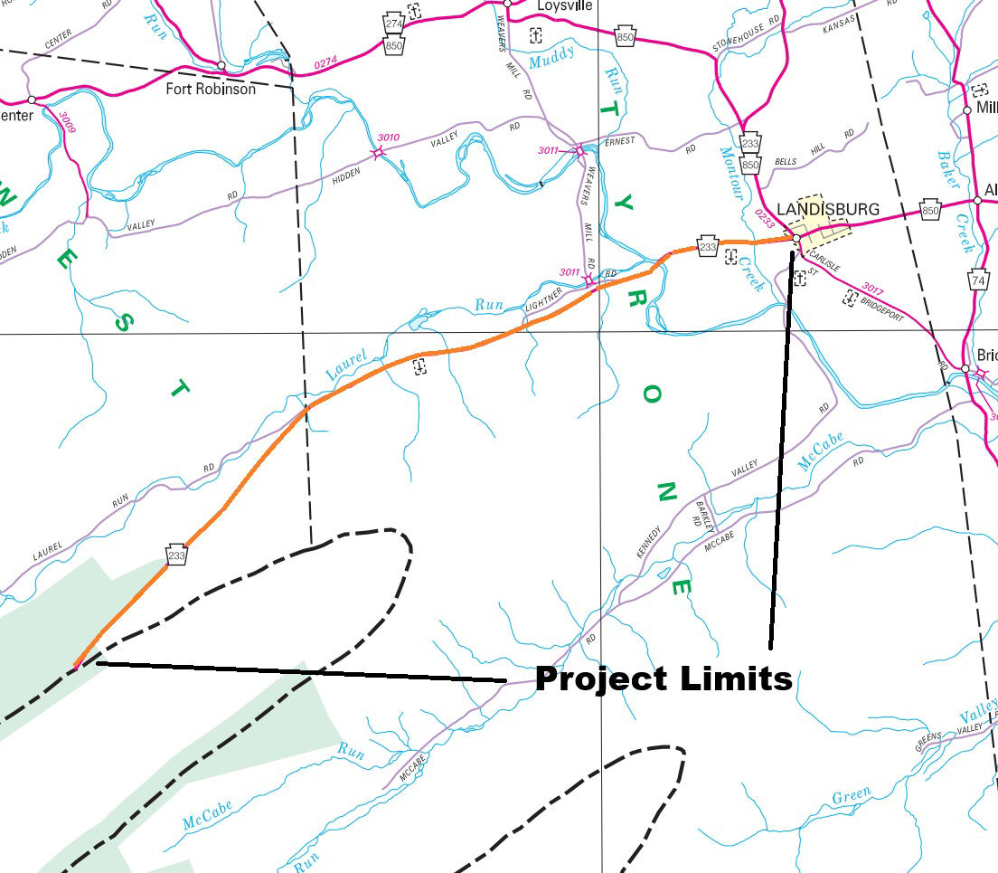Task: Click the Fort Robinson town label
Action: coord(211,90)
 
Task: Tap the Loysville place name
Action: coord(565,5)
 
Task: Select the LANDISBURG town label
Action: coord(827,210)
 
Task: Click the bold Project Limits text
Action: coord(664,678)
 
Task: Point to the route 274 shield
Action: coord(393,24)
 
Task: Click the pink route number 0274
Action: coord(325,63)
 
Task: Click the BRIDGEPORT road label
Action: coord(883,307)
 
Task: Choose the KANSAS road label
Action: coord(838,24)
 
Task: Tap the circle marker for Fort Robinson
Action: coord(221,65)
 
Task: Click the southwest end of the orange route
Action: coord(76,666)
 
